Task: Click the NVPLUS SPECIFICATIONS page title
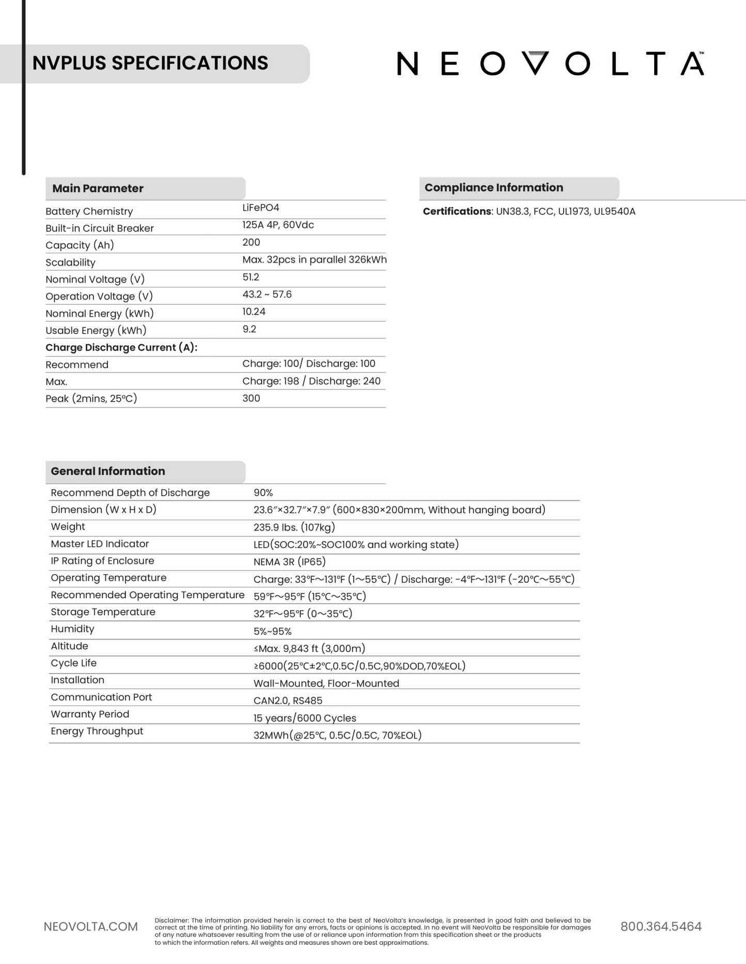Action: click(x=150, y=63)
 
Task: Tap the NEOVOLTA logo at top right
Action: click(x=550, y=64)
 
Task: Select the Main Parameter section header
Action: click(x=98, y=188)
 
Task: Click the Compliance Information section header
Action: click(x=494, y=188)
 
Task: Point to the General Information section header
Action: click(x=108, y=471)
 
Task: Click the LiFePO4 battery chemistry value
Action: click(x=261, y=208)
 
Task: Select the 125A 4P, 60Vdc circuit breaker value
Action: click(x=278, y=225)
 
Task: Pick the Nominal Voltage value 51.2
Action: click(x=251, y=277)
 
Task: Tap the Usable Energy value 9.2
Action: click(x=249, y=329)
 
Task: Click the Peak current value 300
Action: click(x=251, y=398)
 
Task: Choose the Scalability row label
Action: click(x=70, y=263)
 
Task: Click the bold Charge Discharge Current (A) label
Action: click(x=121, y=348)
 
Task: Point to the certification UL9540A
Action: click(x=614, y=211)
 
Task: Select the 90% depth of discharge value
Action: click(x=263, y=493)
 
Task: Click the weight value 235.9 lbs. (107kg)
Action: click(x=294, y=527)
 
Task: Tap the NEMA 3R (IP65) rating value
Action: click(x=289, y=562)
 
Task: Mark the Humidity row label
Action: click(x=72, y=629)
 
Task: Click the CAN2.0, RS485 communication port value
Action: click(x=288, y=700)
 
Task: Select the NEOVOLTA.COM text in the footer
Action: click(x=91, y=927)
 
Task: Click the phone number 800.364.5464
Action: click(x=661, y=926)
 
